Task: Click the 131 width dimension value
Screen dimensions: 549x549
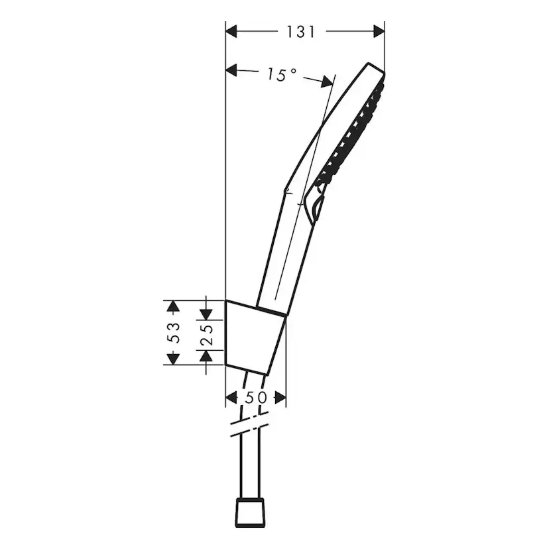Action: pos(301,31)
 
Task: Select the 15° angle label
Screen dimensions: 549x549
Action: pos(281,75)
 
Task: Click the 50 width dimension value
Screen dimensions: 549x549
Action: pos(256,397)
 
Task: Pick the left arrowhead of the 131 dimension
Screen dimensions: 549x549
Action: pos(232,31)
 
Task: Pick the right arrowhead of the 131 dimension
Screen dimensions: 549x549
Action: pos(379,31)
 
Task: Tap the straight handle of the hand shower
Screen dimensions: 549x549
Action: pos(285,252)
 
